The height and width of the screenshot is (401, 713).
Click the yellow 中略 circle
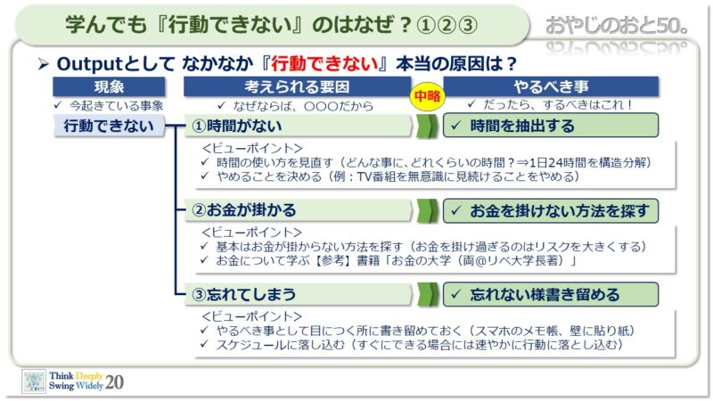pos(428,96)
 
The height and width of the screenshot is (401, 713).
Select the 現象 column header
pos(109,86)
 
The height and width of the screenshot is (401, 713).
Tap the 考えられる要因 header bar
pos(297,86)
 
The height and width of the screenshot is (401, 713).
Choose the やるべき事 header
pos(551,86)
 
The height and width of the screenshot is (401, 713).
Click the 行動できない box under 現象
pos(109,126)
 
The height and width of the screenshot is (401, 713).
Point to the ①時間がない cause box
pos(298,126)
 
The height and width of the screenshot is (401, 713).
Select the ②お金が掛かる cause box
pos(298,210)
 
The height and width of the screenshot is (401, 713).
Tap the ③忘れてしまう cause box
pos(298,294)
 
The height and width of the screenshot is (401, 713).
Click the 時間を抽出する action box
pos(551,126)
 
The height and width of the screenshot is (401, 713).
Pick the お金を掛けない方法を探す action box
pos(551,210)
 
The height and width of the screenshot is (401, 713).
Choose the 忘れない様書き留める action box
pos(551,295)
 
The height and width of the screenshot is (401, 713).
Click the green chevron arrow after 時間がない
pos(427,126)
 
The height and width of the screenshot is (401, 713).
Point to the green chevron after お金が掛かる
pos(427,210)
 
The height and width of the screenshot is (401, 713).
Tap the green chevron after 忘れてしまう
pos(427,295)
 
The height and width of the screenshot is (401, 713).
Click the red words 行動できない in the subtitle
pos(324,63)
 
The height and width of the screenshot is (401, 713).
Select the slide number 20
pos(114,382)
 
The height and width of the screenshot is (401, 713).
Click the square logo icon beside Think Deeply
pos(34,381)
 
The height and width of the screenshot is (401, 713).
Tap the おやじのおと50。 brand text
pos(616,26)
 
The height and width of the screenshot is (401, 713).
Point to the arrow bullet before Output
pos(44,64)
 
